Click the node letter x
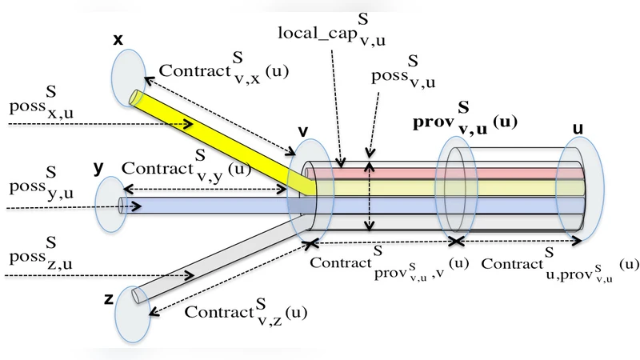coord(118,38)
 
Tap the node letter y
coord(98,168)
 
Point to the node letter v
coord(303,130)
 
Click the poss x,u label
coord(37,108)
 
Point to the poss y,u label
coord(37,189)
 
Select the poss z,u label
coord(37,258)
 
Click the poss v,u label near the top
coord(401,78)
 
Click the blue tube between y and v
coord(208,205)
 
